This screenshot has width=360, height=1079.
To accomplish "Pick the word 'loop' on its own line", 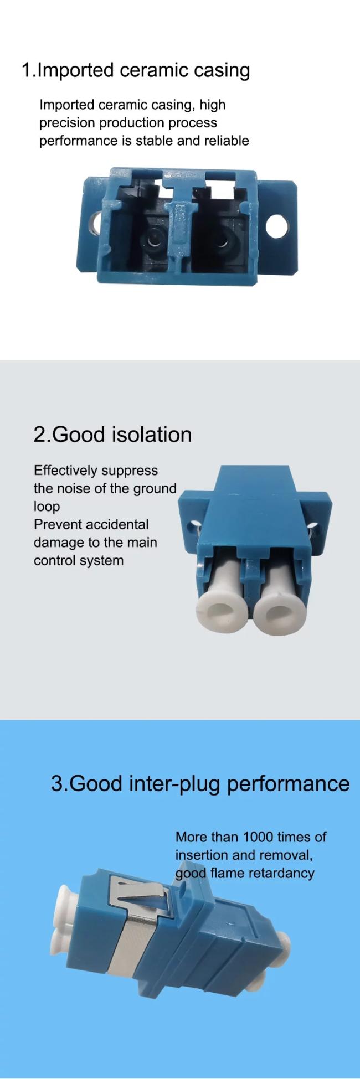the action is point(47,507).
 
